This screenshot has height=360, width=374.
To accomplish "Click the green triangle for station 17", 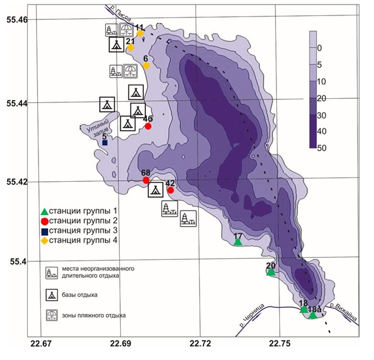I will click(238, 242).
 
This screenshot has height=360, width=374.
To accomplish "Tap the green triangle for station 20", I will click(271, 272).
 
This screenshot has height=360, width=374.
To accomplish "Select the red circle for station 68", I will click(146, 180).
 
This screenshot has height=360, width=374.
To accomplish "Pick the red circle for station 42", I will click(171, 190).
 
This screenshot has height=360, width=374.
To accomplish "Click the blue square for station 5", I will click(105, 143).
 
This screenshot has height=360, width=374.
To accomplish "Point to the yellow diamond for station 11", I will click(140, 33).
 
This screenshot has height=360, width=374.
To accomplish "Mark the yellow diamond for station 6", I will click(146, 65).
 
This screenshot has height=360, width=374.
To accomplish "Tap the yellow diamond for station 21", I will click(130, 48).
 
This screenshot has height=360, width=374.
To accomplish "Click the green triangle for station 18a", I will click(313, 315).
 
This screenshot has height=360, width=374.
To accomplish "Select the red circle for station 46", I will click(148, 127).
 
